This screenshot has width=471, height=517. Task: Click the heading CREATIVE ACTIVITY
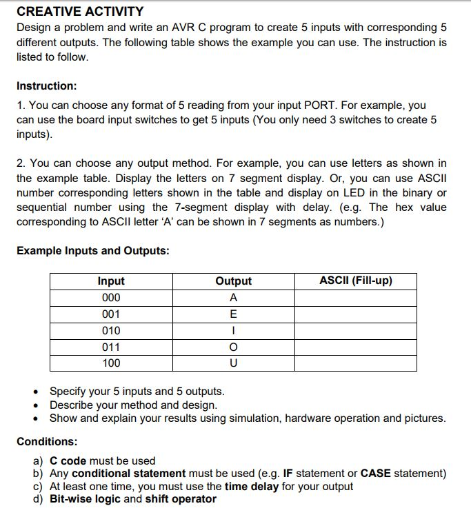(x=80, y=12)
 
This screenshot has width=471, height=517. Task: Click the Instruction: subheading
(x=47, y=86)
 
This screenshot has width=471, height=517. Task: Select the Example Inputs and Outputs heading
(x=92, y=250)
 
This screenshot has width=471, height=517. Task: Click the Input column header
(x=111, y=281)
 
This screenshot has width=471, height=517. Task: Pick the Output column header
(x=233, y=281)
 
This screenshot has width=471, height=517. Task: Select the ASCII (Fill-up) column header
(x=356, y=281)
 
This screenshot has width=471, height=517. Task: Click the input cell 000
(x=111, y=298)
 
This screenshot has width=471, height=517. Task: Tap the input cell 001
(x=111, y=314)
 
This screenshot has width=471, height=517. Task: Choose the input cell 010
(x=111, y=330)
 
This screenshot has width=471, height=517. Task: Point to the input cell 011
(x=111, y=347)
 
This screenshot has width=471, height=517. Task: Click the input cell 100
(x=111, y=363)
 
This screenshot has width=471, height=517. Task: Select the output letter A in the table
(x=233, y=298)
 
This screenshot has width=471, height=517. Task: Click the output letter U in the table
(x=233, y=363)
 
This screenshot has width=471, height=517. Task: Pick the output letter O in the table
(x=233, y=347)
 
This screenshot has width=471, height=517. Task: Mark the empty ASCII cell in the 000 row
(x=356, y=298)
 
